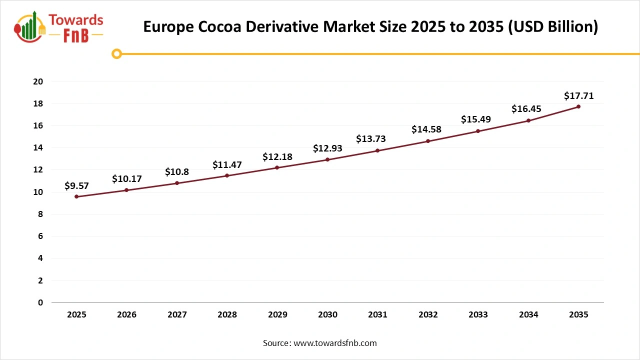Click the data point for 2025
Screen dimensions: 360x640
coord(76,196)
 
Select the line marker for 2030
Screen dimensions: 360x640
coord(327,159)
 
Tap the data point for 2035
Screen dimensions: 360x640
coord(578,106)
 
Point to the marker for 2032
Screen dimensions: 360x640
coord(428,141)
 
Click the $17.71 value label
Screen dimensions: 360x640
coord(578,95)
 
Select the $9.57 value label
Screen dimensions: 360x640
coord(76,185)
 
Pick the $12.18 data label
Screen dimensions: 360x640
coord(277,157)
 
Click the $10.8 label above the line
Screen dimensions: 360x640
coord(177,172)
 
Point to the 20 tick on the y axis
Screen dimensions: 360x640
coord(38,81)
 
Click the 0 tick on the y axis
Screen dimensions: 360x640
coord(40,302)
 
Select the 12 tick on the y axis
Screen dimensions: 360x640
coord(38,170)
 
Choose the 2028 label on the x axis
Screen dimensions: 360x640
coord(227,315)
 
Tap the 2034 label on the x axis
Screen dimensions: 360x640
coord(528,315)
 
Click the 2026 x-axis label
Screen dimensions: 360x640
coord(126,315)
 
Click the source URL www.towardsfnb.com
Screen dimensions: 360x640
coord(335,343)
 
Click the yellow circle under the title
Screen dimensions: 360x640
coord(117,53)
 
